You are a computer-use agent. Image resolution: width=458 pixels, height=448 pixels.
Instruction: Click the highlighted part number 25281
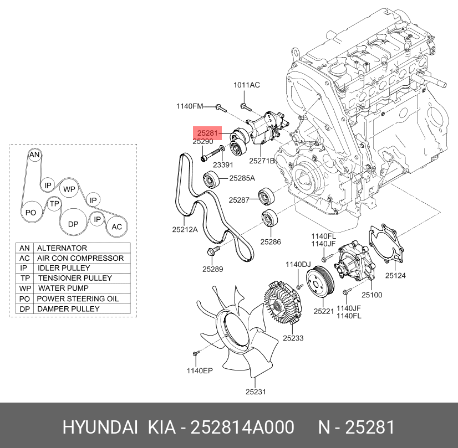point(207,133)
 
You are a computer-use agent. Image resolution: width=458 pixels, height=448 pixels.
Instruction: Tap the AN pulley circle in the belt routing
point(34,155)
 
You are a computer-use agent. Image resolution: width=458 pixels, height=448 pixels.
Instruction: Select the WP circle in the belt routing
point(69,189)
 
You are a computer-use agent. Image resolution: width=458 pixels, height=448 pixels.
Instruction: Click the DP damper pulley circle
point(73,224)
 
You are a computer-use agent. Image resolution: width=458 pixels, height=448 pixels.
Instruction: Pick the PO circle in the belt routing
point(31,213)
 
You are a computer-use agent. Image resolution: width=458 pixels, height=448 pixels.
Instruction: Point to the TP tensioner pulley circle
point(54,204)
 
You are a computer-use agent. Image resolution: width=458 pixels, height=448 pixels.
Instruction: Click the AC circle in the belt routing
point(117,226)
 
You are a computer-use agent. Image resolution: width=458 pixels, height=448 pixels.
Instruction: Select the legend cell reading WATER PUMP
point(63,289)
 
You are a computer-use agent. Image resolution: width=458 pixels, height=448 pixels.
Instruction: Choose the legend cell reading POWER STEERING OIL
point(77,298)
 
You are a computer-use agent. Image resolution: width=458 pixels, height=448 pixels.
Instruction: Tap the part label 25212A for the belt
point(185,229)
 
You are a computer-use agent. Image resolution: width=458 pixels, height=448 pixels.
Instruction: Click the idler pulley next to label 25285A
point(211,179)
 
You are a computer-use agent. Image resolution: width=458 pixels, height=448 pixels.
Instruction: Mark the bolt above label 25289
point(211,253)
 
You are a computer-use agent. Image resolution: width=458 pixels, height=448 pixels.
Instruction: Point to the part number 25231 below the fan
point(256,392)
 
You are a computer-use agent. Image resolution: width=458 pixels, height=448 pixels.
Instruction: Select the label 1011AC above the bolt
point(246,85)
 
